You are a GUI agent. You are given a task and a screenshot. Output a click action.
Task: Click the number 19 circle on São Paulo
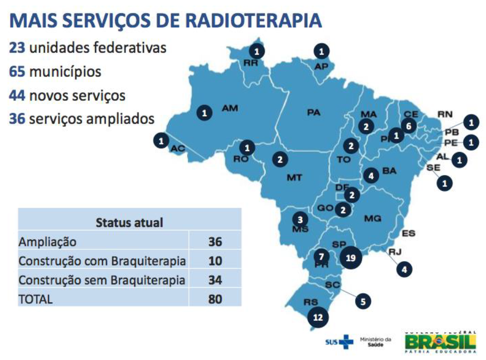[350, 258]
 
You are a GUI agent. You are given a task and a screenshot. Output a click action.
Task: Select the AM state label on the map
[230, 109]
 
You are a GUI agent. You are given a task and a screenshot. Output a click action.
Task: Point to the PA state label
[313, 113]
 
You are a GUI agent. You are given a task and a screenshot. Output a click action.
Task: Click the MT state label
[294, 177]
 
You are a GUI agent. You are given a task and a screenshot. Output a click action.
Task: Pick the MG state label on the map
[372, 218]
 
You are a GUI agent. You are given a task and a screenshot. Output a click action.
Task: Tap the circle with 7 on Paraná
[321, 256]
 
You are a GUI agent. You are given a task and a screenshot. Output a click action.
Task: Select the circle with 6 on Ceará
[409, 126]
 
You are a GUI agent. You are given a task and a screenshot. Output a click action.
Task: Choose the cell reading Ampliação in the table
[47, 242]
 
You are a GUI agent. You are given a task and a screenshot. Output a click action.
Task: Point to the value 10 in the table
[215, 261]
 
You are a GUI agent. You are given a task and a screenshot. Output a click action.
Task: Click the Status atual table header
[129, 222]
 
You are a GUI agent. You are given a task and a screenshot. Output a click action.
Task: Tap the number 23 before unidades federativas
[17, 48]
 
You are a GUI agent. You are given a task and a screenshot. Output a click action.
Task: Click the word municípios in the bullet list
[65, 72]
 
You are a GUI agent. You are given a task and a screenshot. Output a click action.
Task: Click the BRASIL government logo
[441, 342]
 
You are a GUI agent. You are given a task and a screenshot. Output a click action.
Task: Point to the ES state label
[409, 233]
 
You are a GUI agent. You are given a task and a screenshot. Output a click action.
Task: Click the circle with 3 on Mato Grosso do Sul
[300, 220]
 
